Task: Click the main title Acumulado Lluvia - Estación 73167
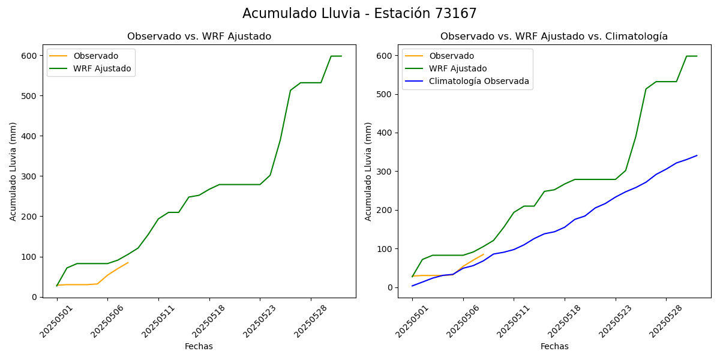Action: pyautogui.click(x=359, y=14)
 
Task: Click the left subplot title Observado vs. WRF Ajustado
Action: pyautogui.click(x=199, y=37)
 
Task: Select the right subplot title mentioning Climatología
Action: pyautogui.click(x=554, y=37)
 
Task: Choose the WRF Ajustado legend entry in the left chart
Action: pyautogui.click(x=102, y=68)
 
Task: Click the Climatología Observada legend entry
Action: pyautogui.click(x=479, y=82)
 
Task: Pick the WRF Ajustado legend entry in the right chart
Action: pyautogui.click(x=458, y=69)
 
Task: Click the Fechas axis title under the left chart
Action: pyautogui.click(x=199, y=346)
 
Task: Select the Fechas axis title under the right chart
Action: pyautogui.click(x=554, y=346)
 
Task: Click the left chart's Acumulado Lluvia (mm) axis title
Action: pyautogui.click(x=13, y=171)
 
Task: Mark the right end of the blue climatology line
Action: pyautogui.click(x=697, y=155)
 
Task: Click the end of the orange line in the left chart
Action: pyautogui.click(x=128, y=262)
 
